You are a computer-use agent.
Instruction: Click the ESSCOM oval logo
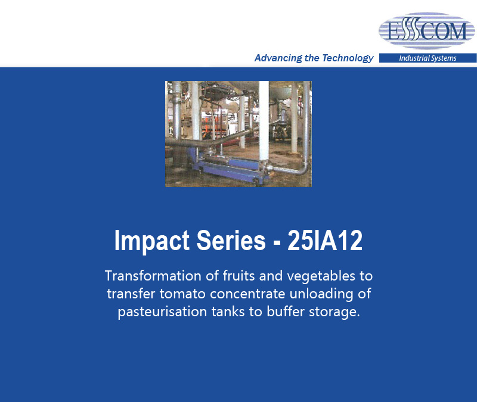point(426,31)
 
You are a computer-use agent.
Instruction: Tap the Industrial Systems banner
point(428,58)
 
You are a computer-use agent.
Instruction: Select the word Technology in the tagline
point(348,58)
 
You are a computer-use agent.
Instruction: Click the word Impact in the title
point(152,241)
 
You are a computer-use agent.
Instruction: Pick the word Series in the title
point(231,241)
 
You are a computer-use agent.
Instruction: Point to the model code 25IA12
point(325,241)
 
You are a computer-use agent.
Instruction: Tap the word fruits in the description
point(239,276)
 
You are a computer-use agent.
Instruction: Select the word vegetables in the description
point(321,276)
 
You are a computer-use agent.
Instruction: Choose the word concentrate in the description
point(247,294)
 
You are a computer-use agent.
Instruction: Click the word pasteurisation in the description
point(162,312)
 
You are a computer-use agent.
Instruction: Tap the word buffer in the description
point(286,311)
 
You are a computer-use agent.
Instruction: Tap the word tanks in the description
point(228,311)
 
